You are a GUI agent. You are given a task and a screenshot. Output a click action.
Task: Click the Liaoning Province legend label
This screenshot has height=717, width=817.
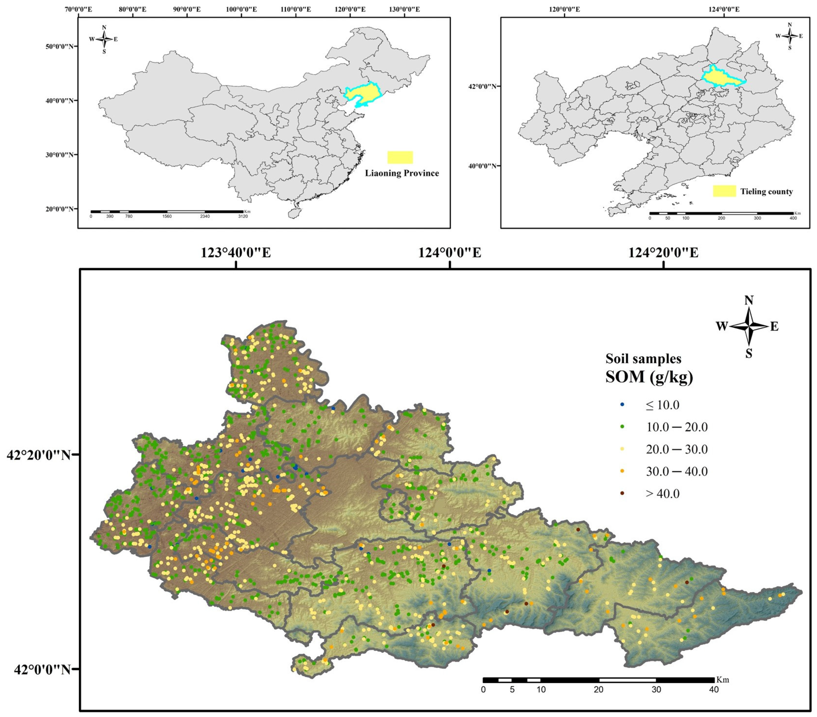coord(402,173)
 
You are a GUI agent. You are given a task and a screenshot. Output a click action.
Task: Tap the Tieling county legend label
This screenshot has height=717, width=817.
coord(766,192)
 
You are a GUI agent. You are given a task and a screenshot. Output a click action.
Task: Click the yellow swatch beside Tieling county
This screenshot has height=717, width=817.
coord(724,191)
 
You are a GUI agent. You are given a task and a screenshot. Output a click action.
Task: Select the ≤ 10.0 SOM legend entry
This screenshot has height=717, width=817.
coord(662,405)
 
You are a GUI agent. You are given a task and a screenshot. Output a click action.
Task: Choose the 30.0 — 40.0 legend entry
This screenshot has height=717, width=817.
coord(676,471)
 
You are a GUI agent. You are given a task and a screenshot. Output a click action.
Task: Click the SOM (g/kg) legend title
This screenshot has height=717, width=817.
coord(649,377)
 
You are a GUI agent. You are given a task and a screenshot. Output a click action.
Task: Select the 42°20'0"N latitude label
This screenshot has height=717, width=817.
coord(39,455)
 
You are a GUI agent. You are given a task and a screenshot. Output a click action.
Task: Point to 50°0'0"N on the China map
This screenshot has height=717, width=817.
coord(60,46)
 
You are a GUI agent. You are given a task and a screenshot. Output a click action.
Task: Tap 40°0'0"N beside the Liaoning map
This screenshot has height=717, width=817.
coord(483,166)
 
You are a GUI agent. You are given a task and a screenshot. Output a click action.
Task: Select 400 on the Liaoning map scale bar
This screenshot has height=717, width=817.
coord(793,218)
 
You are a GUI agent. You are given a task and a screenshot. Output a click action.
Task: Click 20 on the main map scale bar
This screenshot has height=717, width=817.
coord(598,690)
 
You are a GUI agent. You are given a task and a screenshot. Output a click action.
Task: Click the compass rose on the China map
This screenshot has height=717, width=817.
coord(104,39)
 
